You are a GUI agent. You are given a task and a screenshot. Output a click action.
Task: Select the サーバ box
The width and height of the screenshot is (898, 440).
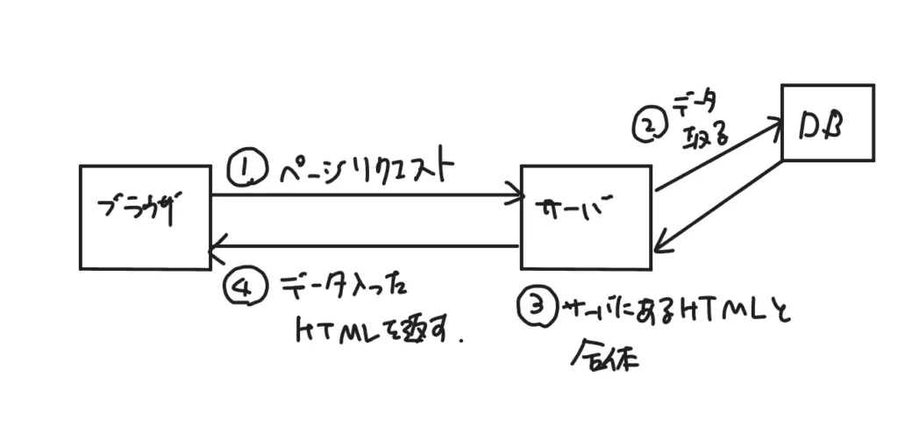coord(586,216)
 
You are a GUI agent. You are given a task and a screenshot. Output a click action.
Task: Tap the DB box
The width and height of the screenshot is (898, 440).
coord(827,122)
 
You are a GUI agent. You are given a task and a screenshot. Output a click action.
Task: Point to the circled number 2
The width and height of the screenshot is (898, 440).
coord(648,125)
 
